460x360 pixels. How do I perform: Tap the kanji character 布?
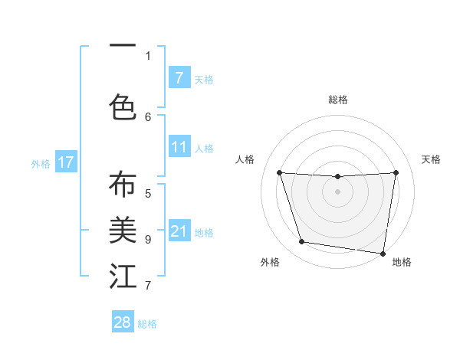[x=123, y=185]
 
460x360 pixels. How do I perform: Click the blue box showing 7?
[x=179, y=77]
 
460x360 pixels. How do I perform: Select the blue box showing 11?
[x=179, y=147]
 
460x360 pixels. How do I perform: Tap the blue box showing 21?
[x=179, y=231]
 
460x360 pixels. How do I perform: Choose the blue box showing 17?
[x=65, y=162]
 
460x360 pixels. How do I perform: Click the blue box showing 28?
[x=123, y=322]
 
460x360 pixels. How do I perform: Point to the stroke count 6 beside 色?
[x=148, y=116]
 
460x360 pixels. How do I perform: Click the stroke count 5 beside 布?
[x=148, y=193]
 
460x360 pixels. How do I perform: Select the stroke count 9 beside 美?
[x=148, y=239]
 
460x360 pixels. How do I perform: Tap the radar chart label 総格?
[x=338, y=100]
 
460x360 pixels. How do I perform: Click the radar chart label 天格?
[x=431, y=159]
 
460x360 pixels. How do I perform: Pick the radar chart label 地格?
[x=402, y=262]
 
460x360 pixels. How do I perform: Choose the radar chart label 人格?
[x=245, y=159]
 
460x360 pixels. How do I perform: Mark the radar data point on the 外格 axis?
[x=302, y=242]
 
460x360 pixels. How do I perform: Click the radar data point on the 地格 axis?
[x=383, y=253]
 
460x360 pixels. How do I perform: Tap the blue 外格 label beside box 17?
[x=40, y=163]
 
